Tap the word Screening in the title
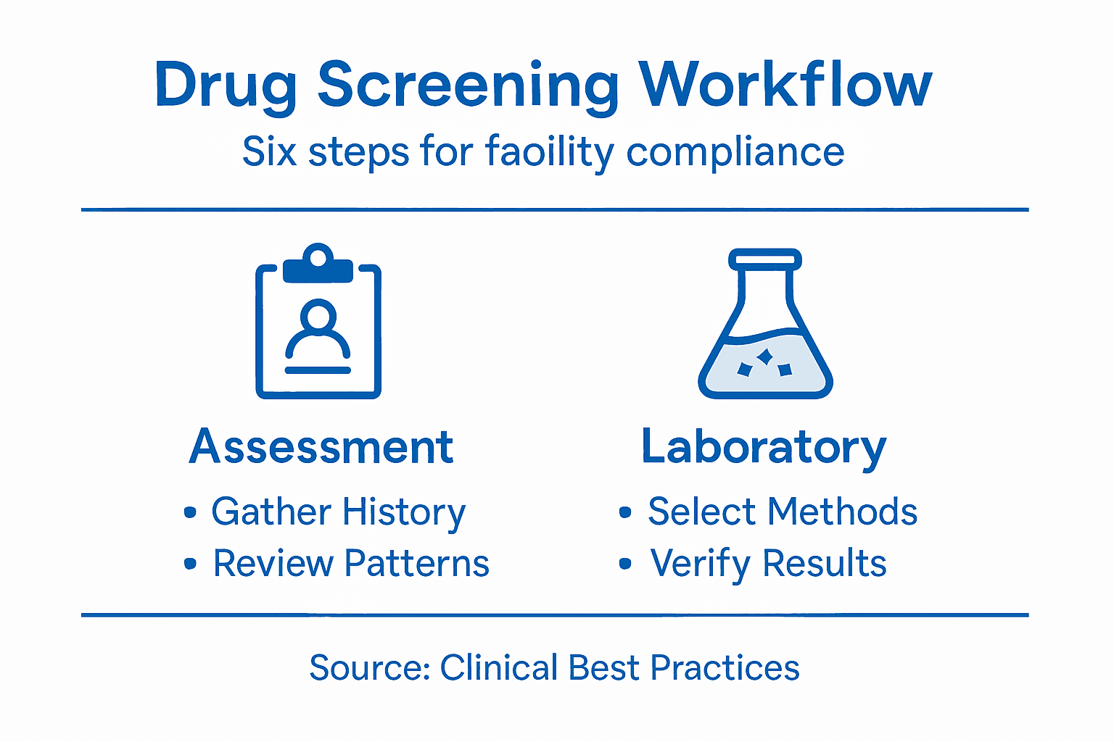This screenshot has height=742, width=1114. point(468,86)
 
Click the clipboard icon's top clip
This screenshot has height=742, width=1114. point(318,265)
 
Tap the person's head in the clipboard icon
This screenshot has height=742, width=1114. point(318,316)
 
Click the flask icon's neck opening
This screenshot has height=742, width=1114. point(765,259)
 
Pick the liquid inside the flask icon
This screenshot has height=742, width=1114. point(765,366)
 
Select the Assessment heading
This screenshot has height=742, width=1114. point(321,446)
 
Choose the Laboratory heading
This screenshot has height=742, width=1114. point(764,447)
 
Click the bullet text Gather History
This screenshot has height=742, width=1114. point(338,512)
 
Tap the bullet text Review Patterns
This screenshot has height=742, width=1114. point(351,564)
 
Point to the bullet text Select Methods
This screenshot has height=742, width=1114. point(783,512)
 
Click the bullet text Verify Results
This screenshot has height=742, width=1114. point(768,564)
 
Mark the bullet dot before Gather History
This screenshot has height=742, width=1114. point(190,513)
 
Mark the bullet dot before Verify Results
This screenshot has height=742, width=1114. point(625,564)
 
